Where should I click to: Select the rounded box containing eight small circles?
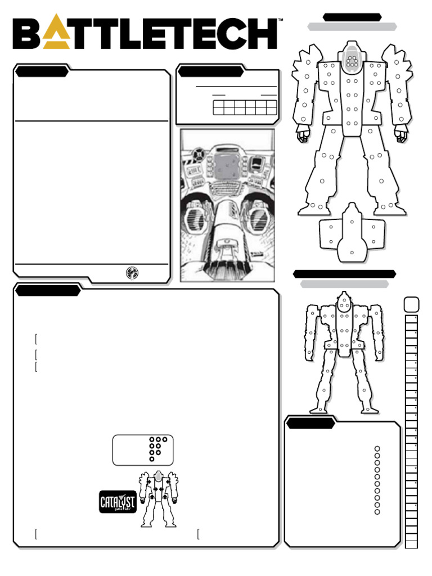[x=143, y=449]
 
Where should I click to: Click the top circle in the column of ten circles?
[x=377, y=449]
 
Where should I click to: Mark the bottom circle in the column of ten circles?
[x=377, y=511]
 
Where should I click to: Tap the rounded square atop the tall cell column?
[x=411, y=304]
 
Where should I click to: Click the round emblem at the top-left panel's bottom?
[x=132, y=272]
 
